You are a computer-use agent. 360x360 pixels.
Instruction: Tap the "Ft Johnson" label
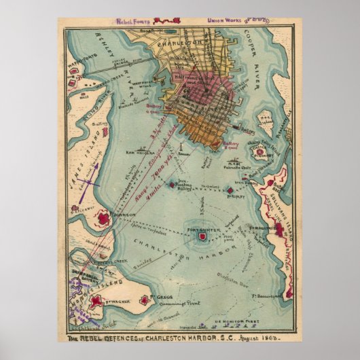coord(120,215)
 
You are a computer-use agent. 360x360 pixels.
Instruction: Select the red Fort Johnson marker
coord(104,218)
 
